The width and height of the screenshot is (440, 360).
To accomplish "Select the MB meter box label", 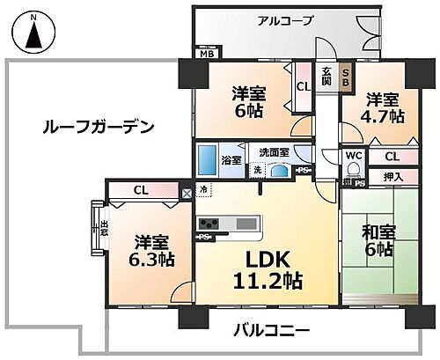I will click(205, 55).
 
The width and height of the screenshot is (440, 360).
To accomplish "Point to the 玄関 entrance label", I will click(326, 77).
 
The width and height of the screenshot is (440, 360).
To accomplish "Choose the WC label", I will click(355, 158).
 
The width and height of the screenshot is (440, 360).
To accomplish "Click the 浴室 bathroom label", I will click(231, 160).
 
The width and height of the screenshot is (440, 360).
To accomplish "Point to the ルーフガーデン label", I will click(98, 127).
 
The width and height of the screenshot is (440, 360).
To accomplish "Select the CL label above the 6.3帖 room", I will click(141, 188).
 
